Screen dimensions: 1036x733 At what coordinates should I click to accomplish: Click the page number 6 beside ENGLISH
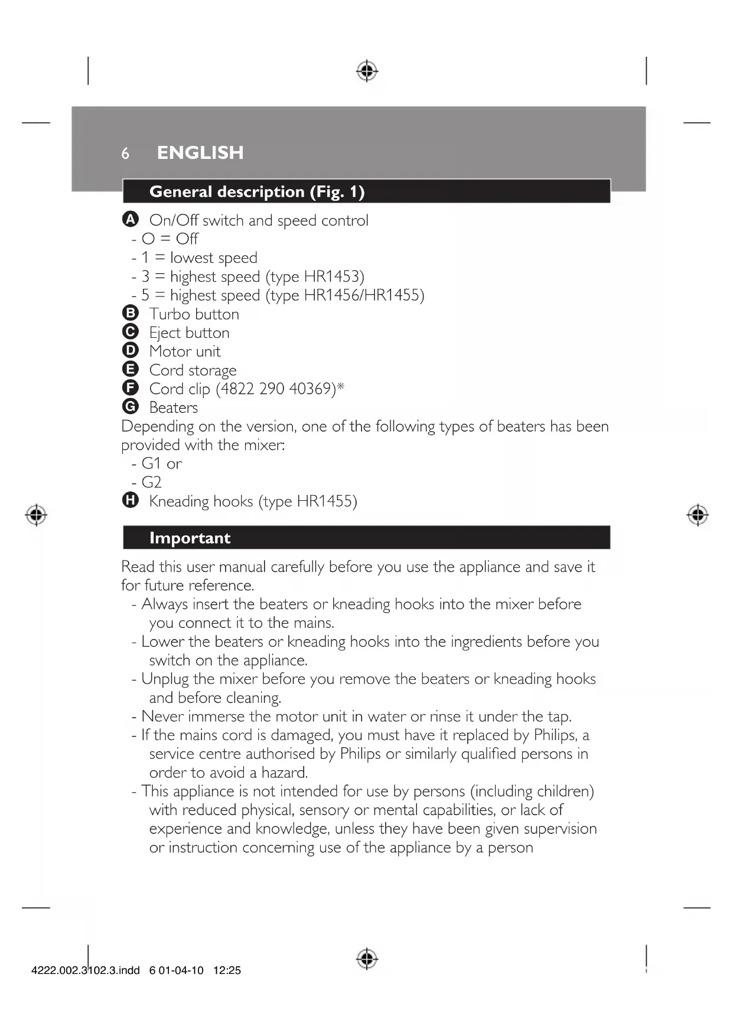tap(125, 154)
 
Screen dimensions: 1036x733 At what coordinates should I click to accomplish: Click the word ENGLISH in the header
tap(200, 152)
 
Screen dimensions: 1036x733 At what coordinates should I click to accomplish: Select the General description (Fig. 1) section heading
tap(257, 192)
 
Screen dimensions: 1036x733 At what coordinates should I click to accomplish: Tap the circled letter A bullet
tap(131, 219)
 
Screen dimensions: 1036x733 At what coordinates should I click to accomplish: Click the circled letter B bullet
tap(131, 313)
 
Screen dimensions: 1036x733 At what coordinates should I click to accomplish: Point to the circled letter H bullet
tap(131, 500)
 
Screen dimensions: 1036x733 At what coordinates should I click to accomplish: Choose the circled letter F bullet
tap(131, 388)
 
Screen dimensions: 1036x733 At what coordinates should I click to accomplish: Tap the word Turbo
tap(168, 314)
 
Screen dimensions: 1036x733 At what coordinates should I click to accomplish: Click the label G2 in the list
tap(151, 482)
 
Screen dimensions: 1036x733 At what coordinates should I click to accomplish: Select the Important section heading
tap(190, 538)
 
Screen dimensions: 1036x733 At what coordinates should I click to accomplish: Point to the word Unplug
tap(165, 679)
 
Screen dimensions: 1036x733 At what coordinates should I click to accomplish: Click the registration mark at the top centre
tap(367, 71)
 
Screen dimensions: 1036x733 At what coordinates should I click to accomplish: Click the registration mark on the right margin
tap(698, 515)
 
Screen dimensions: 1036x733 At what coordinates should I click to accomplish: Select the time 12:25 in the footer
tap(227, 970)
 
